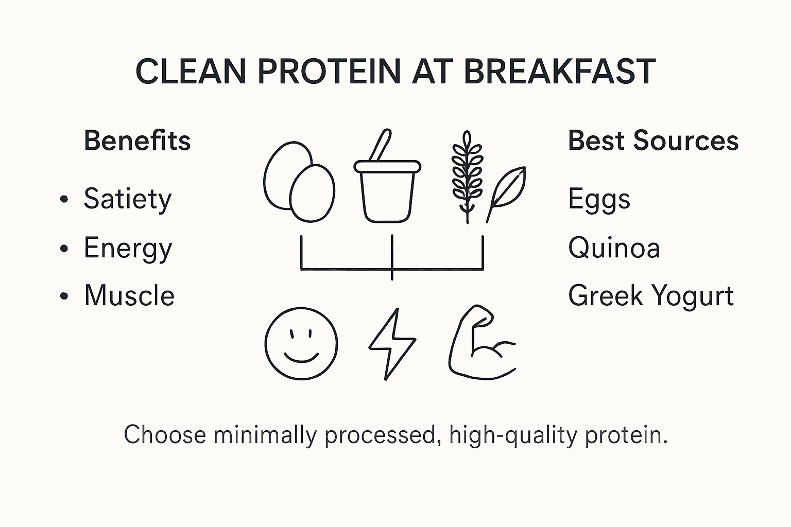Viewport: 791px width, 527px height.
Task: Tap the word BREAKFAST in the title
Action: pos(559,72)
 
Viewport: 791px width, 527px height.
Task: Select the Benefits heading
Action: pos(137,140)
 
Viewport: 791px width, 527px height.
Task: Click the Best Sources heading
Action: pos(653,140)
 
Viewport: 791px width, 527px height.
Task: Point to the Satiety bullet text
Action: pos(127,199)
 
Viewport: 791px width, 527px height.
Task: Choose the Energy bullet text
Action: pos(128,249)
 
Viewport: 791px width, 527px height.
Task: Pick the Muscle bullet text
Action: pos(129,296)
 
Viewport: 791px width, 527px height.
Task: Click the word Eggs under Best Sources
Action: pos(599,199)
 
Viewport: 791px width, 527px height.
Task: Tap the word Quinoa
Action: pos(614,248)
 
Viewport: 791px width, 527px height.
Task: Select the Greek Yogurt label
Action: pos(651,296)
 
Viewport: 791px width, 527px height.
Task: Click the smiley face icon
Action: pos(301,344)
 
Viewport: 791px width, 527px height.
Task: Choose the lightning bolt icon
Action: pos(392,344)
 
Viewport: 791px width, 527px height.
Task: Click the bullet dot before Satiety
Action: pos(64,200)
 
